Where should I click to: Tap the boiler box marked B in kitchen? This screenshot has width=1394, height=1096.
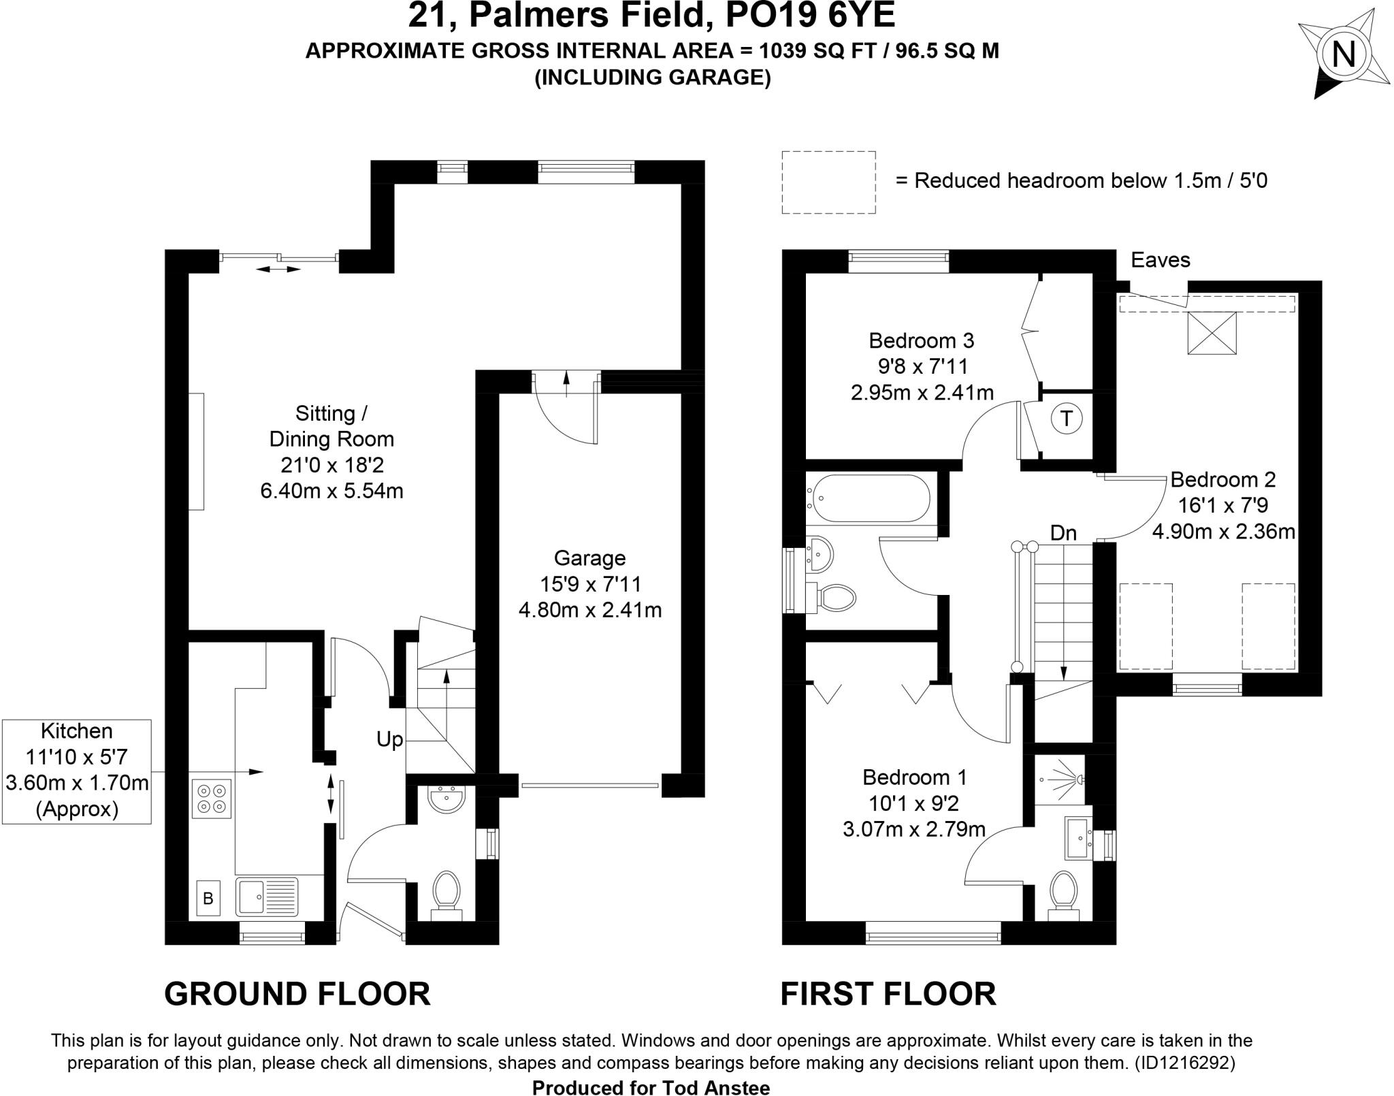click(x=208, y=898)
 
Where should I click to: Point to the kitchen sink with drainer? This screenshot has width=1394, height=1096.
click(x=267, y=897)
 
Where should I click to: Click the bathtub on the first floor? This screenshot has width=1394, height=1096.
click(x=867, y=498)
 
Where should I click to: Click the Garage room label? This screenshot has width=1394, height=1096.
click(x=589, y=558)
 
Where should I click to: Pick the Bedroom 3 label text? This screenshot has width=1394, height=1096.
click(x=921, y=340)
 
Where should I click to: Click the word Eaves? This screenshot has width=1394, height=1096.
click(x=1160, y=260)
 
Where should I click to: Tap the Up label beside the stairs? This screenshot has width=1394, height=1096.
click(x=389, y=739)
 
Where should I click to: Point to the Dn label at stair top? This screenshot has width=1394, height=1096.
click(x=1063, y=533)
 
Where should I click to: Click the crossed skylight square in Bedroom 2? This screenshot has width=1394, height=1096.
click(x=1212, y=333)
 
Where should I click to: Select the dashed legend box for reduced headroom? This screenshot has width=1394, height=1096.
click(x=828, y=182)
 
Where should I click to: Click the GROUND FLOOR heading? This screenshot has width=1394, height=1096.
click(x=297, y=993)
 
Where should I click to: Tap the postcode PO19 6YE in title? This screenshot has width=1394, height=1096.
click(x=810, y=16)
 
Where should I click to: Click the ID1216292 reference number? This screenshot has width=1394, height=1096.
click(x=1184, y=1063)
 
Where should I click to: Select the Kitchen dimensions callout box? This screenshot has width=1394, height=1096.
click(x=76, y=771)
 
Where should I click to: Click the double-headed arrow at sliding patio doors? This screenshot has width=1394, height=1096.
click(x=278, y=270)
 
